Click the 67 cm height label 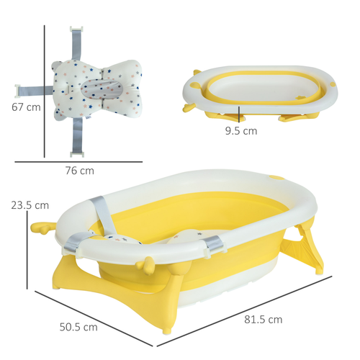pyautogui.click(x=22, y=107)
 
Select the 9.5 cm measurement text pyautogui.click(x=240, y=131)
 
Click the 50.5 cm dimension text pyautogui.click(x=78, y=326)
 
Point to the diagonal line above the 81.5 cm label pyautogui.click(x=252, y=305)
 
